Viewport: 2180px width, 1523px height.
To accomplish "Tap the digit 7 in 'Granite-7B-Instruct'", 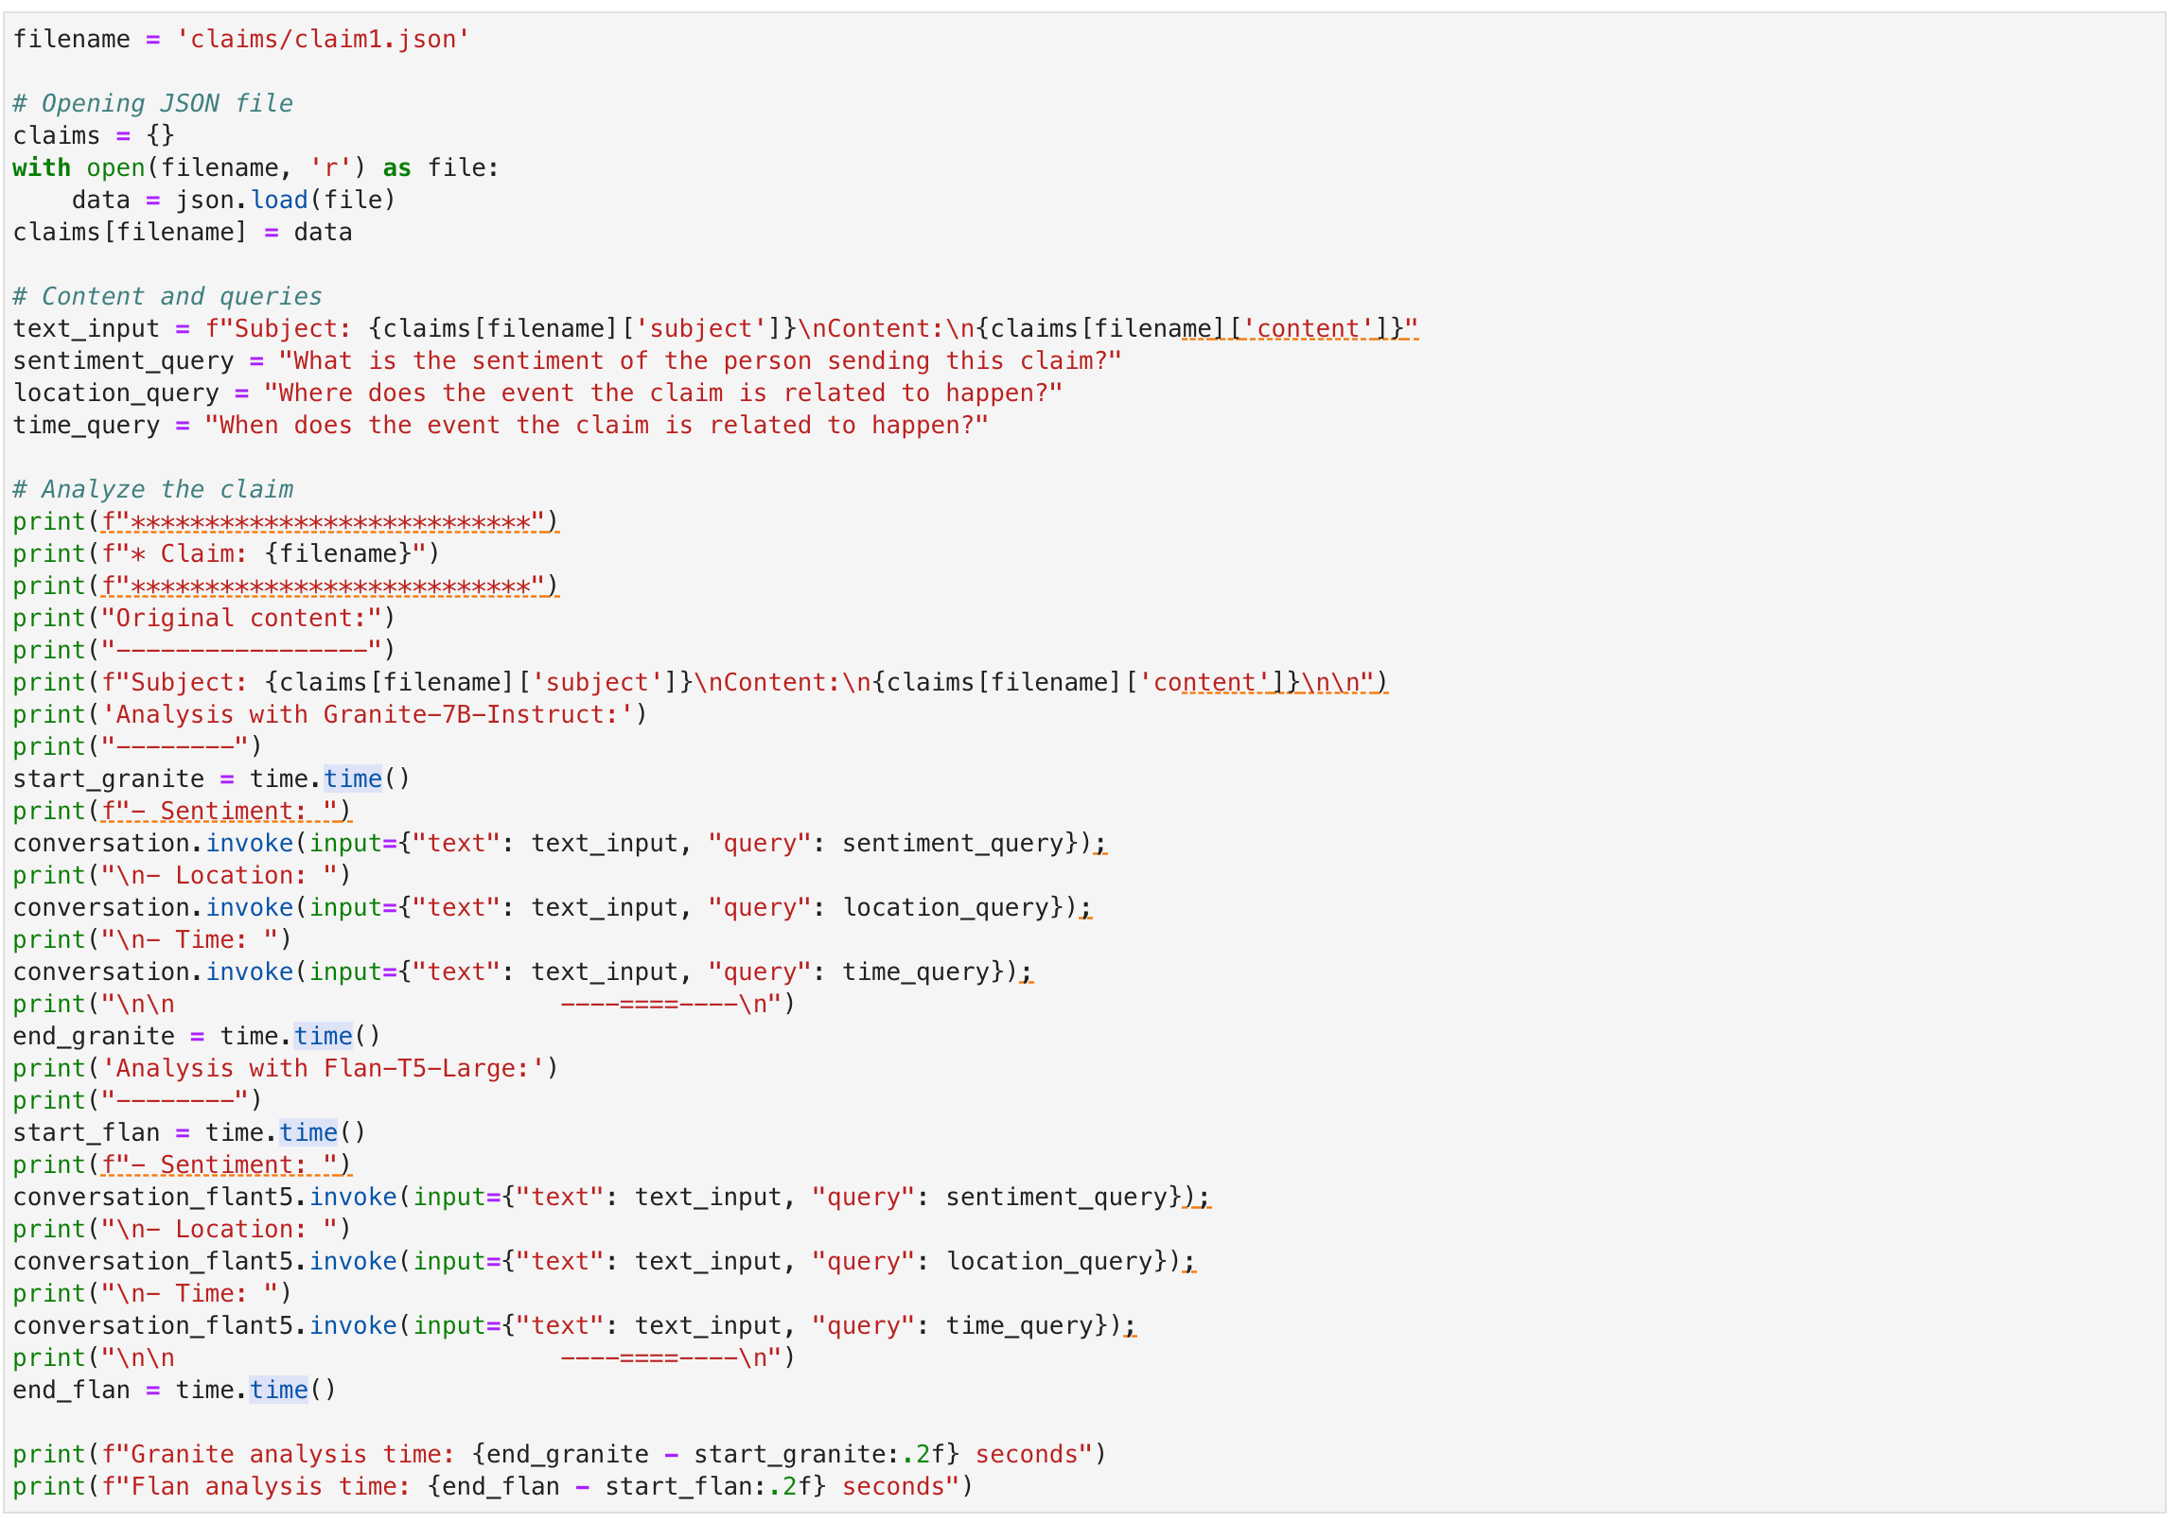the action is click(x=451, y=714).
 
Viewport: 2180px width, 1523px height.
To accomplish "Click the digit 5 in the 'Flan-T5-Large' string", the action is click(x=437, y=1068).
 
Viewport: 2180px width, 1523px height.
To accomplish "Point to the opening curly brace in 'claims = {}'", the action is click(x=154, y=136).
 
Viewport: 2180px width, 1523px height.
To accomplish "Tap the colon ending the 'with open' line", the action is click(x=493, y=168).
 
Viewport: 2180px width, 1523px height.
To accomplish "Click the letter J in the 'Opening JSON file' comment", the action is click(x=169, y=103).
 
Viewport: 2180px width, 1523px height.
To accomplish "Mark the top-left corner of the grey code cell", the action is click(x=4, y=13).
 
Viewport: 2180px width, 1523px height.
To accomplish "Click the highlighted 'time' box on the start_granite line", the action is click(x=353, y=779).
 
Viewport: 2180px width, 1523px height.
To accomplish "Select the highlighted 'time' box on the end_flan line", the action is click(x=279, y=1390).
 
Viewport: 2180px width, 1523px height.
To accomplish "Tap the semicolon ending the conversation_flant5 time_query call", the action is click(x=1130, y=1325).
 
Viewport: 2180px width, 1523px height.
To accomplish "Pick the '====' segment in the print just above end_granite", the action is click(x=649, y=1004).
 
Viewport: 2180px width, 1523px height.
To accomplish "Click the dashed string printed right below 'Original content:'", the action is click(x=242, y=651).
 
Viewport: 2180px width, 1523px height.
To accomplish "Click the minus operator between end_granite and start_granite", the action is click(x=671, y=1455).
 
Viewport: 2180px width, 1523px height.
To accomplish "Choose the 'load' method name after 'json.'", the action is click(x=279, y=201).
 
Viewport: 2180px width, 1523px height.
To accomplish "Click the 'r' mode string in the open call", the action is click(x=330, y=168).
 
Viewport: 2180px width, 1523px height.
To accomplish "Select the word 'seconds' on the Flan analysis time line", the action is click(x=893, y=1487).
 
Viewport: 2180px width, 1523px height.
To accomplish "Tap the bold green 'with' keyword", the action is click(x=42, y=168).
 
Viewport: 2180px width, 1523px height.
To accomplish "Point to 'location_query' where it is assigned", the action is click(x=115, y=394).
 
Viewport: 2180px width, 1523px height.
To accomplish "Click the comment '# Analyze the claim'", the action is click(x=153, y=489).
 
